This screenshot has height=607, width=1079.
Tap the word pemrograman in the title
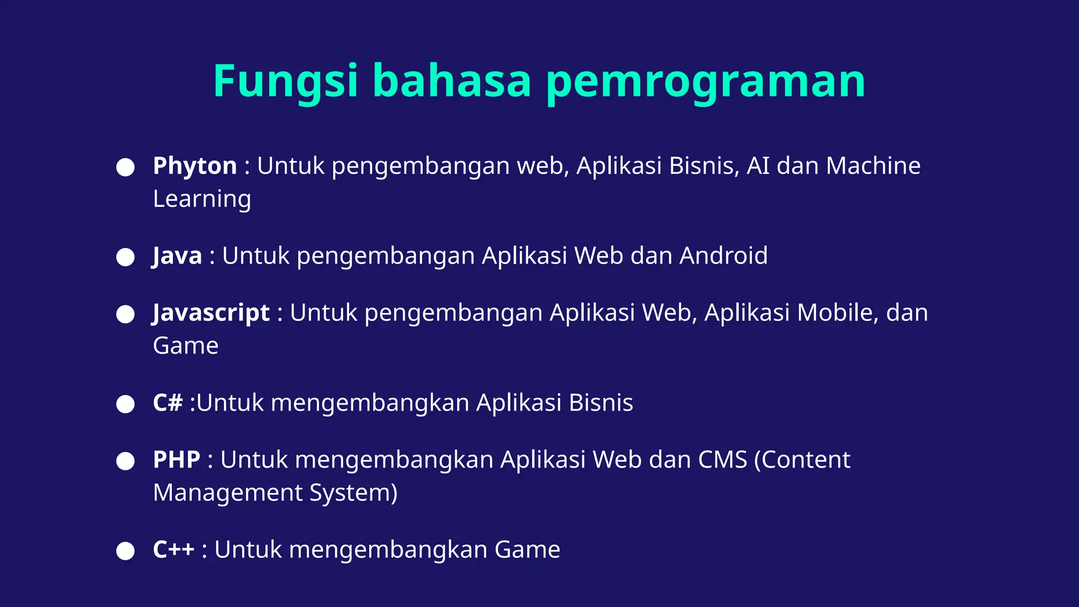click(x=705, y=81)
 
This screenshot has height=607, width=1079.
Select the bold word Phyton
click(x=194, y=166)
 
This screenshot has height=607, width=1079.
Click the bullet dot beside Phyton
click(x=125, y=168)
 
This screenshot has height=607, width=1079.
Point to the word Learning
click(x=202, y=199)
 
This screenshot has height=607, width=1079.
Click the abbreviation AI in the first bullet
click(x=758, y=166)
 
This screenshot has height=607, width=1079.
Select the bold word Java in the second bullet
click(x=178, y=256)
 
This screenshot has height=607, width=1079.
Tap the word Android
click(x=723, y=256)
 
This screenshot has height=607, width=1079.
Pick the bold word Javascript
click(x=211, y=313)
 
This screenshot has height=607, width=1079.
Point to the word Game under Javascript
click(x=185, y=346)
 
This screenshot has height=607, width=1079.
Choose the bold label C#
click(x=168, y=403)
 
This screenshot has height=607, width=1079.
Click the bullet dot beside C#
click(x=125, y=405)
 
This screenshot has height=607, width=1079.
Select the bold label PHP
click(x=176, y=460)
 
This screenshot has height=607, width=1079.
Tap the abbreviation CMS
click(x=722, y=460)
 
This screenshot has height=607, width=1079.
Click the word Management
click(x=228, y=493)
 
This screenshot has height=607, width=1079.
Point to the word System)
click(x=353, y=493)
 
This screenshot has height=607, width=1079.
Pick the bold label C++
click(x=174, y=550)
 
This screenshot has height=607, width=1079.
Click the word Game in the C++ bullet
click(x=527, y=550)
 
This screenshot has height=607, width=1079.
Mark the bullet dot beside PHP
click(x=125, y=461)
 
